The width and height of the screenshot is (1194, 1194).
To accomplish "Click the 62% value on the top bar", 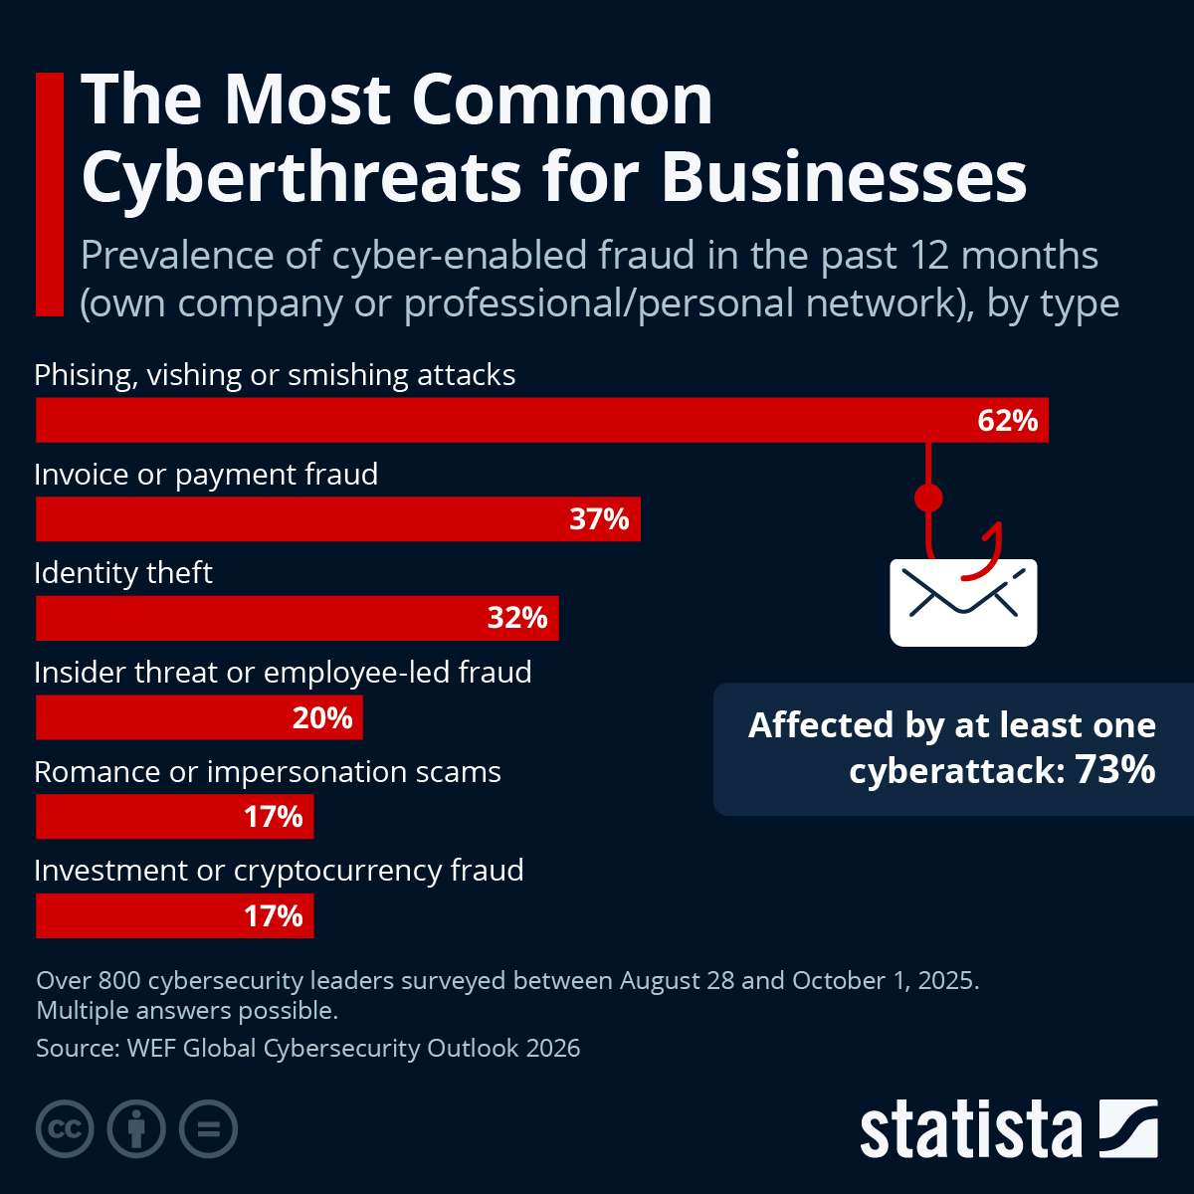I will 1007,421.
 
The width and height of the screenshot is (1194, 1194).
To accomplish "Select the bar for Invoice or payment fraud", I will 298,519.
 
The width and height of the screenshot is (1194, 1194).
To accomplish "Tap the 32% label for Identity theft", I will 516,619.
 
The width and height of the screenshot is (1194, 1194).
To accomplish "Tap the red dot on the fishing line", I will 928,497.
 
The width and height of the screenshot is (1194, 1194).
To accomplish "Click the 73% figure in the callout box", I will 1115,770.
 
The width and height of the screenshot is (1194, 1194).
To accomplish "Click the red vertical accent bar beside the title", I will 49,194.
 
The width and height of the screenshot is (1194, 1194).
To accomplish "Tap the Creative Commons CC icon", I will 65,1129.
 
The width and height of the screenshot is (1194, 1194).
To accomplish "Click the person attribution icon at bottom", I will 136,1129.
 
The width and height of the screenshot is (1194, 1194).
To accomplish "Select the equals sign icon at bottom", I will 208,1129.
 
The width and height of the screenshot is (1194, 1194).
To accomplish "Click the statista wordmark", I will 970,1130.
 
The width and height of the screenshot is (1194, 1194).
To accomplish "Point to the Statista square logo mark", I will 1128,1129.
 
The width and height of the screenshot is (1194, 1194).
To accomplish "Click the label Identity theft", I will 123,573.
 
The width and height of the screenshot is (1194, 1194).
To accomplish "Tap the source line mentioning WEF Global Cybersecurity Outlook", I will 308,1049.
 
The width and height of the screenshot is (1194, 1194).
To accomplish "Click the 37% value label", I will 599,519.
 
